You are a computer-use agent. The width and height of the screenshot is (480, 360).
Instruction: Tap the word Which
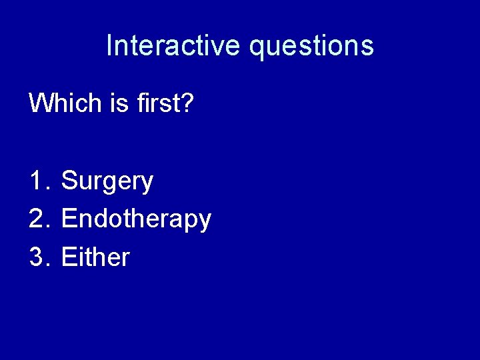[x=61, y=103]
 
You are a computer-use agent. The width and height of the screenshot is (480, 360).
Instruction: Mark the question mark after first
[x=186, y=103]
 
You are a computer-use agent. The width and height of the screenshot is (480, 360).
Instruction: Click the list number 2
[x=37, y=219]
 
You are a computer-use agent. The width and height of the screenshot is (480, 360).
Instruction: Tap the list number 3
[x=37, y=257]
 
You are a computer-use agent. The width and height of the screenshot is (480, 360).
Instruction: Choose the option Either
[x=95, y=257]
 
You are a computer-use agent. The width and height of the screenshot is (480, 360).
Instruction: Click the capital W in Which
[x=40, y=103]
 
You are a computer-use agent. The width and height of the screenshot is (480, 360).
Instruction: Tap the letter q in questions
[x=257, y=49]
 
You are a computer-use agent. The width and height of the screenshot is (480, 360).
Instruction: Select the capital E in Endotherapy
[x=68, y=219]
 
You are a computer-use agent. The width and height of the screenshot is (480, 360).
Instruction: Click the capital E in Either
[x=68, y=257]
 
